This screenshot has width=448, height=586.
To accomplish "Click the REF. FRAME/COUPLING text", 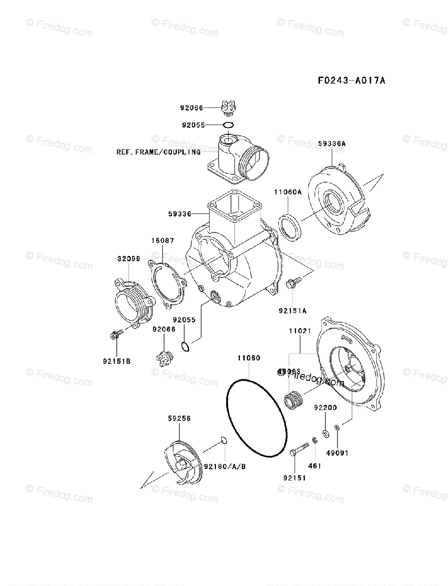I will click(x=158, y=152).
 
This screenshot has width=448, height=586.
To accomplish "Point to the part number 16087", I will click(x=162, y=240).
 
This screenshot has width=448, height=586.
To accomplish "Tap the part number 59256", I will click(x=179, y=418).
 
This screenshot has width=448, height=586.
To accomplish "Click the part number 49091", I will click(x=338, y=453).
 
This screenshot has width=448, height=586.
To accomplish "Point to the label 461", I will click(x=315, y=466).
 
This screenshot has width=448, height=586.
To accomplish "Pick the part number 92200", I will click(x=325, y=407).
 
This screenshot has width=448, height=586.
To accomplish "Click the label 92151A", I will click(x=293, y=310).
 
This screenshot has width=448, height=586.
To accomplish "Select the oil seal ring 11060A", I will click(x=290, y=227).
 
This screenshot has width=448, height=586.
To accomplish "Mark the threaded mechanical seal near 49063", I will click(x=294, y=401).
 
